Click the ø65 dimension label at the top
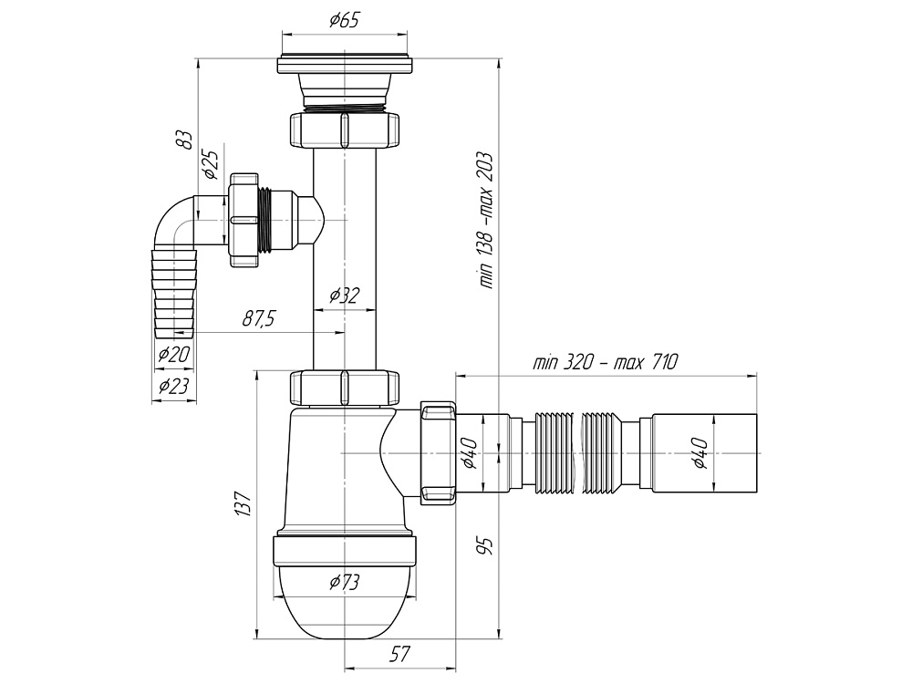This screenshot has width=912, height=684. pos(343,21)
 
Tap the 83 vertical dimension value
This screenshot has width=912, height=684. pos(184,140)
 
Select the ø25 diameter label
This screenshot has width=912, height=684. pos(209,163)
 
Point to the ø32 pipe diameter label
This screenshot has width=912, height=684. pos(344,295)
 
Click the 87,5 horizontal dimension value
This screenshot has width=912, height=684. pos(259,318)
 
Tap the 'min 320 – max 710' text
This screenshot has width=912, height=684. pos(605,362)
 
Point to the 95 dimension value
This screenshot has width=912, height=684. pos(486,546)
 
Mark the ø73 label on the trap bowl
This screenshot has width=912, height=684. pos(344,581)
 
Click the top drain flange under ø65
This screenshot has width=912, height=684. pos(345,65)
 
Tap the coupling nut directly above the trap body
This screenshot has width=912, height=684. pos(345,387)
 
